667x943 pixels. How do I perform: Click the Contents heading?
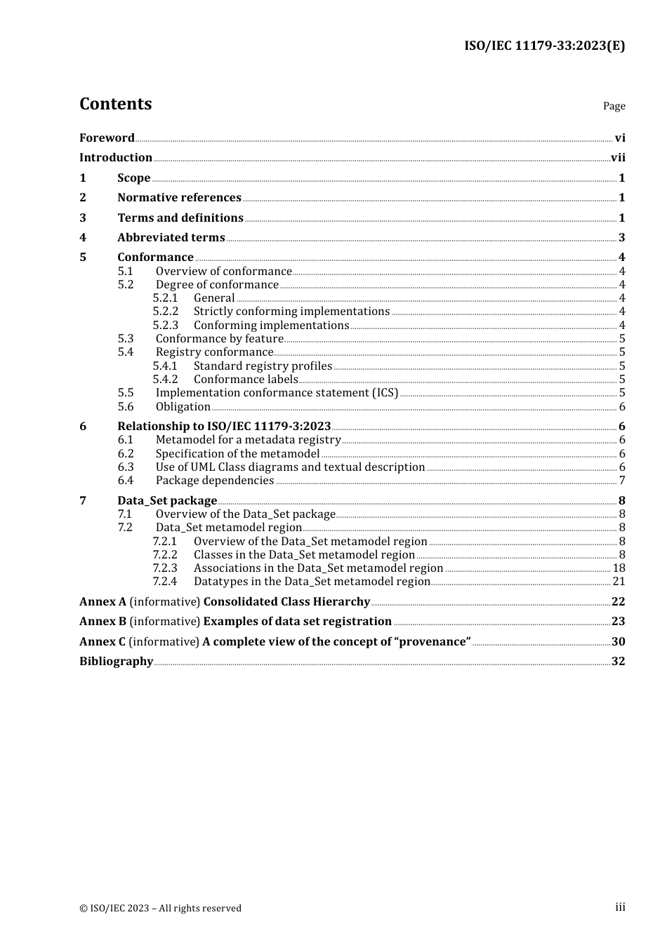coord(115,104)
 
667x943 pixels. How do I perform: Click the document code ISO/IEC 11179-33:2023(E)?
coord(544,46)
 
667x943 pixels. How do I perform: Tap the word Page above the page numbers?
coord(614,106)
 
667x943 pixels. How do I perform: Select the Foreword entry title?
coord(107,138)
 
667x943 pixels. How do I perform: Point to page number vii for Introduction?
coord(618,158)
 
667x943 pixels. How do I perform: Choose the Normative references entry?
coord(179,198)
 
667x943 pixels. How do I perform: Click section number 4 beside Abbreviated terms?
coord(83,238)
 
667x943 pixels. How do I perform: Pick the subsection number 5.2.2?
coord(166,312)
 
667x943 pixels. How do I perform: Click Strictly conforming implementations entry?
coord(291,312)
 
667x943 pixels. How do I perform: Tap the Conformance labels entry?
coord(246,380)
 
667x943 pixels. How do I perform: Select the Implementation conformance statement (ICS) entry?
coord(277,393)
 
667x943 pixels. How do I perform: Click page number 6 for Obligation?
coord(622,407)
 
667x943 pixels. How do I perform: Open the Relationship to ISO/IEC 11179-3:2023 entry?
coord(224,427)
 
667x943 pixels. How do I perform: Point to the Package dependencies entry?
coord(215,481)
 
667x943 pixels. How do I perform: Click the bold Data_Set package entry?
coord(167,501)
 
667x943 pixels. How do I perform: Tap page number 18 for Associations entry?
coord(619,568)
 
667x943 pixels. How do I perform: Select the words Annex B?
coord(103,622)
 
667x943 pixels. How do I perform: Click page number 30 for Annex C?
coord(618,642)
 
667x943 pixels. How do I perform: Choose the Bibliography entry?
coord(116,662)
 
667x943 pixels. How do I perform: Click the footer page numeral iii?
coord(620,907)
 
